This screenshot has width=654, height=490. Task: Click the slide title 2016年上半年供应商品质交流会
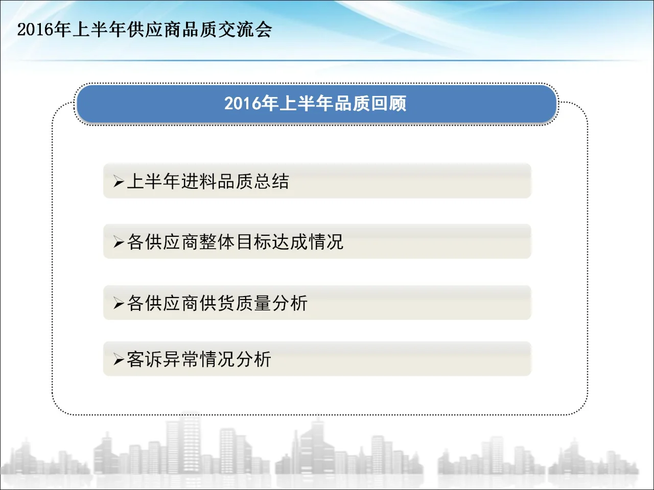click(145, 30)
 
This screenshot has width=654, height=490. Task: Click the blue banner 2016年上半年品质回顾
click(316, 104)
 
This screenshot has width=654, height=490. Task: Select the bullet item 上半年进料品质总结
click(208, 181)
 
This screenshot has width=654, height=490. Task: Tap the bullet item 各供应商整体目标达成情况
click(235, 242)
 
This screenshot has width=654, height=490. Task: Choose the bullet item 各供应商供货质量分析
click(217, 303)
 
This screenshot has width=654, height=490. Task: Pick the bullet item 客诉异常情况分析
click(199, 359)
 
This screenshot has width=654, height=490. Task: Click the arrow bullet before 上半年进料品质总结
click(119, 182)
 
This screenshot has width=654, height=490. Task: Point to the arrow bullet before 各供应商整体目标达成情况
click(119, 242)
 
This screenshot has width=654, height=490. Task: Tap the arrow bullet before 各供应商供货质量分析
click(119, 304)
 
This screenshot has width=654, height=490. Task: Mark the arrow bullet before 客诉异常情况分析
click(119, 360)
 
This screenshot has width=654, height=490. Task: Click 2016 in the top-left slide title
click(35, 30)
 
